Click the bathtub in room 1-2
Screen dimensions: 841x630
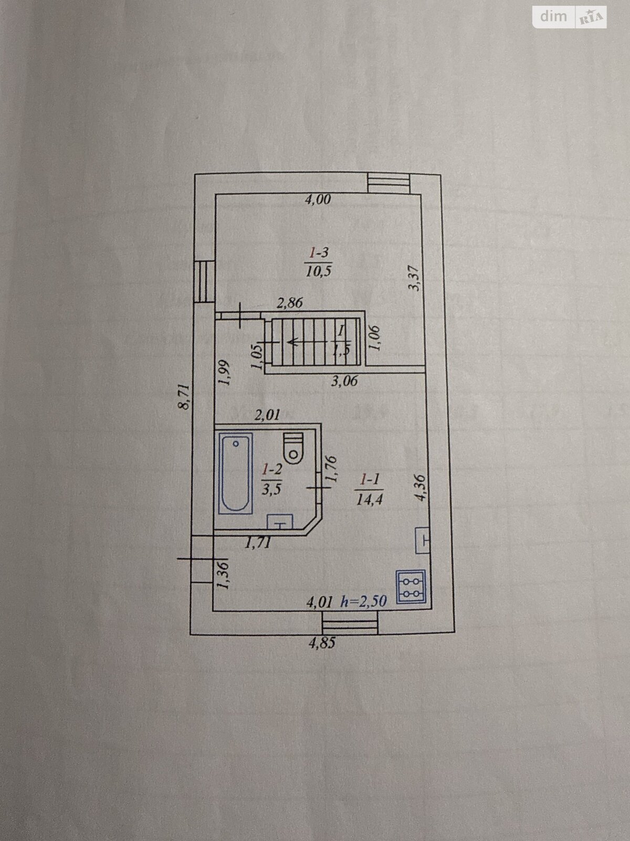(x=235, y=473)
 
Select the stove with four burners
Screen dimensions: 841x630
(x=412, y=588)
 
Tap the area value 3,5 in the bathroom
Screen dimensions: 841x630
(x=272, y=487)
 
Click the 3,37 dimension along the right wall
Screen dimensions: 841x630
(x=416, y=278)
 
